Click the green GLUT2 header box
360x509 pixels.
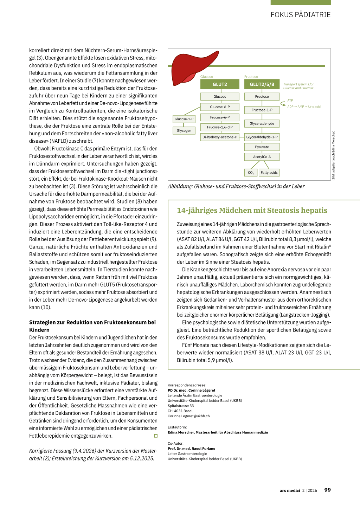pos(220,84)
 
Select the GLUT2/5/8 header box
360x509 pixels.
pos(262,84)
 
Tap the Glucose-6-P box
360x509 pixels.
pos(220,107)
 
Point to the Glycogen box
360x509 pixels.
pos(184,130)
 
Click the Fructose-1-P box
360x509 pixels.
pos(262,110)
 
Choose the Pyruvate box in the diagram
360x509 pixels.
pos(262,147)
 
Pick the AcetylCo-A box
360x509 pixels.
pos(262,157)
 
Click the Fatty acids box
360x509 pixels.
pos(269,173)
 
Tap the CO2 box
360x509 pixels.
pos(251,173)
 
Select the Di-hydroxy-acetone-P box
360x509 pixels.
pos(220,137)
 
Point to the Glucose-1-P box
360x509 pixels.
pos(184,119)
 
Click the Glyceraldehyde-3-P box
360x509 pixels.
pos(262,137)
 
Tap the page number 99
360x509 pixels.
pos(327,490)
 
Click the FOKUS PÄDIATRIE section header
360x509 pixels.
pos(301,15)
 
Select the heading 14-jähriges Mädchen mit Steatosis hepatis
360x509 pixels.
pos(252,210)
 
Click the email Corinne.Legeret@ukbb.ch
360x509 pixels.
pos(189,416)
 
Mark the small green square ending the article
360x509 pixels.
pos(156,436)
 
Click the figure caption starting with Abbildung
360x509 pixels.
pos(236,186)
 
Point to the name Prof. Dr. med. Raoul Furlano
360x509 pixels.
pos(191,449)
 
